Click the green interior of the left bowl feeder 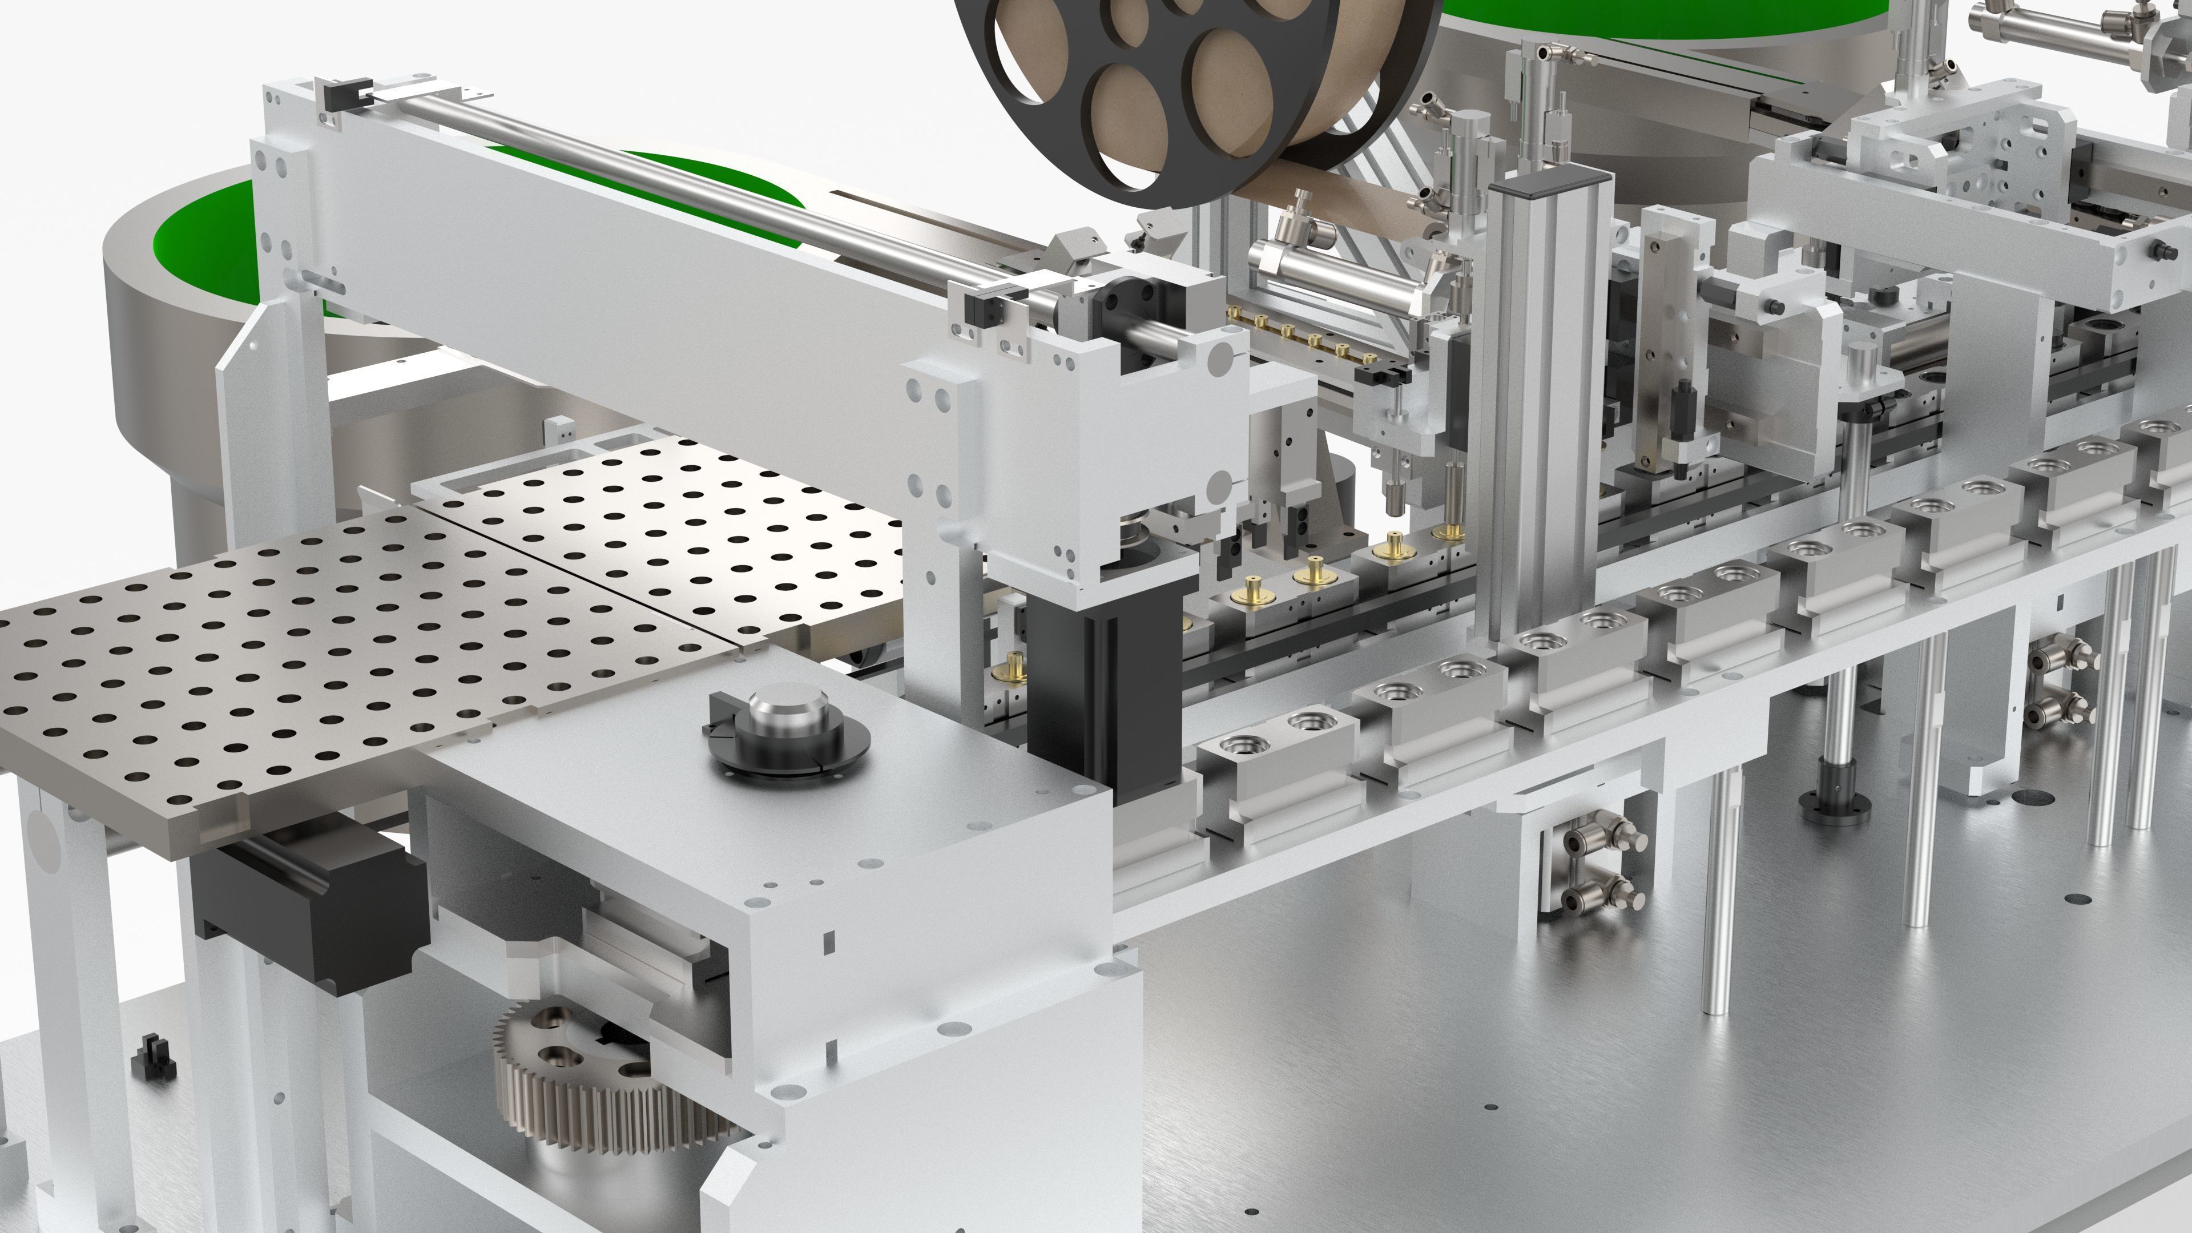coord(204,247)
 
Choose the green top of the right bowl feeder coord(1659,17)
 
